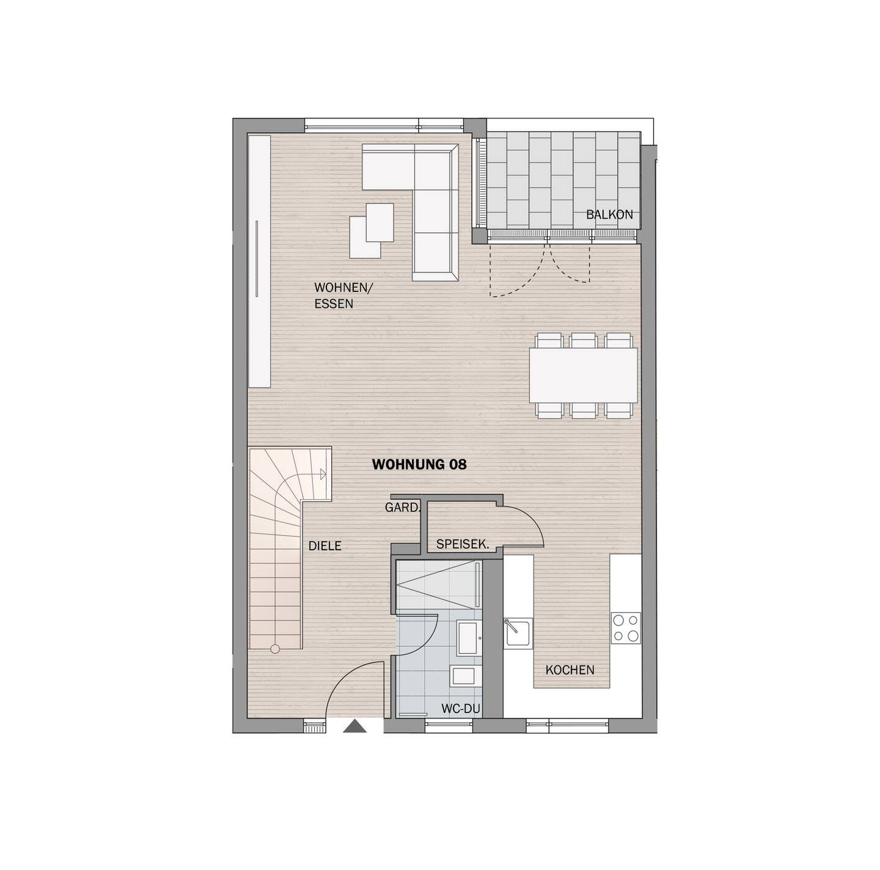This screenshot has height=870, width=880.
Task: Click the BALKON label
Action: pyautogui.click(x=609, y=214)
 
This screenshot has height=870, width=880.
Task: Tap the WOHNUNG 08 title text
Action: pyautogui.click(x=419, y=465)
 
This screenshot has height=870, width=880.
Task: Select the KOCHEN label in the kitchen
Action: pyautogui.click(x=570, y=670)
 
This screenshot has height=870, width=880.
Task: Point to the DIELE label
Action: pyautogui.click(x=324, y=546)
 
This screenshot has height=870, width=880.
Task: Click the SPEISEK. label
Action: pyautogui.click(x=463, y=544)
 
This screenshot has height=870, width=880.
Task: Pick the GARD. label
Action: pyautogui.click(x=403, y=507)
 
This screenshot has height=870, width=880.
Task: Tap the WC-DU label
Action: pyautogui.click(x=461, y=709)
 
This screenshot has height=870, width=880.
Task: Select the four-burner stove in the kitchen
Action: pyautogui.click(x=626, y=627)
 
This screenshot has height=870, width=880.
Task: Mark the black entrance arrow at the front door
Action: pyautogui.click(x=354, y=726)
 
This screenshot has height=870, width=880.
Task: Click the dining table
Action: pyautogui.click(x=584, y=375)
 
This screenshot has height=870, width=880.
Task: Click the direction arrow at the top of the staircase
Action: pyautogui.click(x=322, y=472)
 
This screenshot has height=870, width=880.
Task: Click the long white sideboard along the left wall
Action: pyautogui.click(x=259, y=261)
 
